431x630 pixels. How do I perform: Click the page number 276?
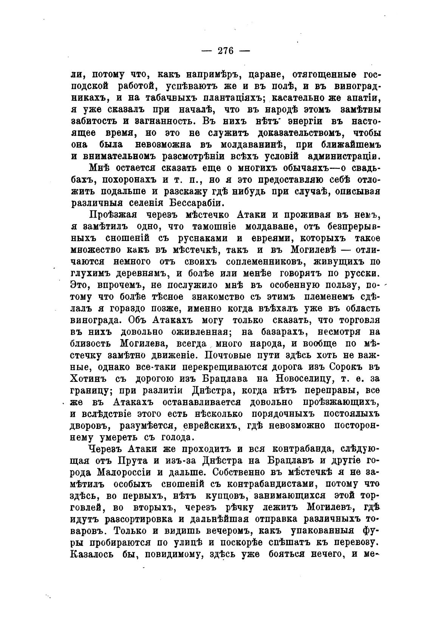click(226, 51)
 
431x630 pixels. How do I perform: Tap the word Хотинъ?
click(89, 379)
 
